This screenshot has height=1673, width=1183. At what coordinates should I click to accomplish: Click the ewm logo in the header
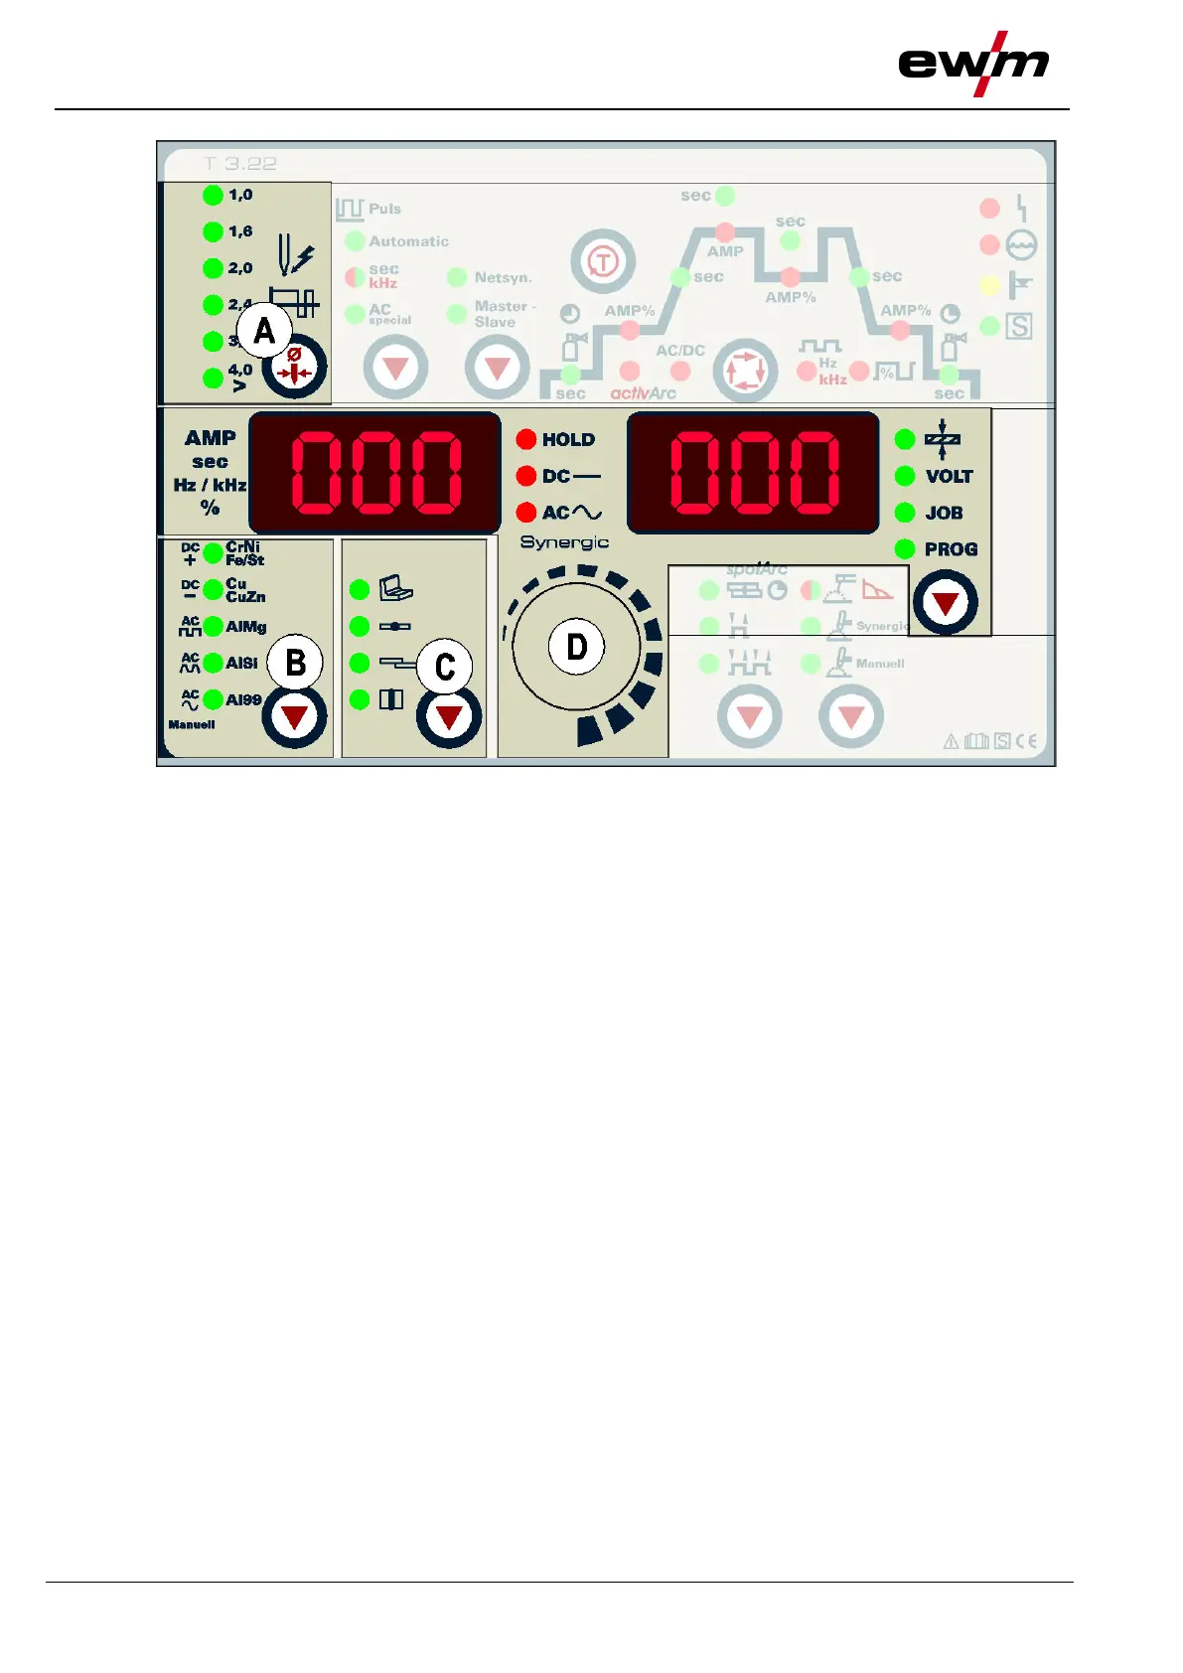click(x=972, y=64)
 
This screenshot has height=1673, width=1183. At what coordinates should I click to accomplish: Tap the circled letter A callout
click(x=264, y=331)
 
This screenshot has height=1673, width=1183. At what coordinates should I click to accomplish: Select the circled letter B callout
click(x=295, y=663)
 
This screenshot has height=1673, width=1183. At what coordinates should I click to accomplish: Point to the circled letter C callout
click(x=445, y=668)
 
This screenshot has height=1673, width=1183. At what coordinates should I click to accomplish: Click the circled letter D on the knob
click(x=576, y=647)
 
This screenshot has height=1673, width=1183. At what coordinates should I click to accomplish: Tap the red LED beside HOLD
click(x=526, y=439)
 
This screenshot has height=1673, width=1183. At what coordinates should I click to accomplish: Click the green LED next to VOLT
click(x=905, y=476)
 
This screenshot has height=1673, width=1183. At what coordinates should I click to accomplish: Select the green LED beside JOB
click(x=905, y=513)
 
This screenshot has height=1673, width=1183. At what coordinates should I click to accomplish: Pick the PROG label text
click(x=951, y=549)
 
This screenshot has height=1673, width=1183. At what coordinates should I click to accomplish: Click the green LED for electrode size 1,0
click(x=213, y=195)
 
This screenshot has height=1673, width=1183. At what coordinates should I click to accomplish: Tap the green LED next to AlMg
click(x=213, y=627)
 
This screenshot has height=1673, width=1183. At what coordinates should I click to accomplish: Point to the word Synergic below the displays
click(x=564, y=542)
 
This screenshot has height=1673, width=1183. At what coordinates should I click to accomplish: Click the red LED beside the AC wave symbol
click(x=526, y=513)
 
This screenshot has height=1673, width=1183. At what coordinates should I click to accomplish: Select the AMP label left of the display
click(x=211, y=438)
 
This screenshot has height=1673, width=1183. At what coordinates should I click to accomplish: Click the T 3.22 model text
click(x=239, y=163)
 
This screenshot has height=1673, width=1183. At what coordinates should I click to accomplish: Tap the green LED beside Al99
click(x=213, y=699)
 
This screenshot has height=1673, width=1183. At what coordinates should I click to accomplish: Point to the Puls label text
click(x=384, y=209)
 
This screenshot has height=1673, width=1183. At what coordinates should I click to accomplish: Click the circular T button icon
click(x=603, y=262)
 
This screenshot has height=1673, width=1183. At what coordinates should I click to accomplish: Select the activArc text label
click(x=643, y=393)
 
